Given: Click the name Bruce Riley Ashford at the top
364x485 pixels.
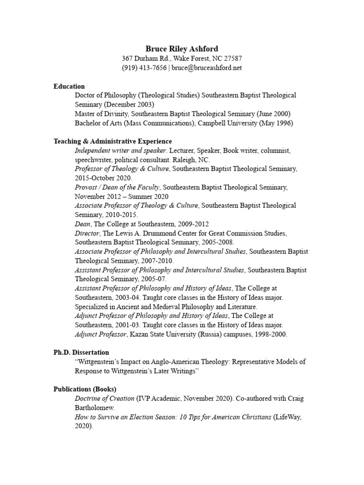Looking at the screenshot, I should [x=182, y=48].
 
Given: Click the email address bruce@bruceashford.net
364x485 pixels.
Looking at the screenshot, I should [x=207, y=68].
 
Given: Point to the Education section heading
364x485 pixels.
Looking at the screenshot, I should [x=69, y=86].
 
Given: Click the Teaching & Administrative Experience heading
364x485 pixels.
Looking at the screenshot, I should [x=113, y=141].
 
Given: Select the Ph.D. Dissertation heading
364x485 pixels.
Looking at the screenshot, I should [x=81, y=352].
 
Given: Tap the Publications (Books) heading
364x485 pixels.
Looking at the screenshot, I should [x=85, y=389].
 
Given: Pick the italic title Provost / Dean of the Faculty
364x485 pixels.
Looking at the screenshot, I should [x=117, y=187].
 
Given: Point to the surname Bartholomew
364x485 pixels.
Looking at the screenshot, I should [x=95, y=408].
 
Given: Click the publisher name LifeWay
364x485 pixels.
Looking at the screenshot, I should [x=287, y=417].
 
